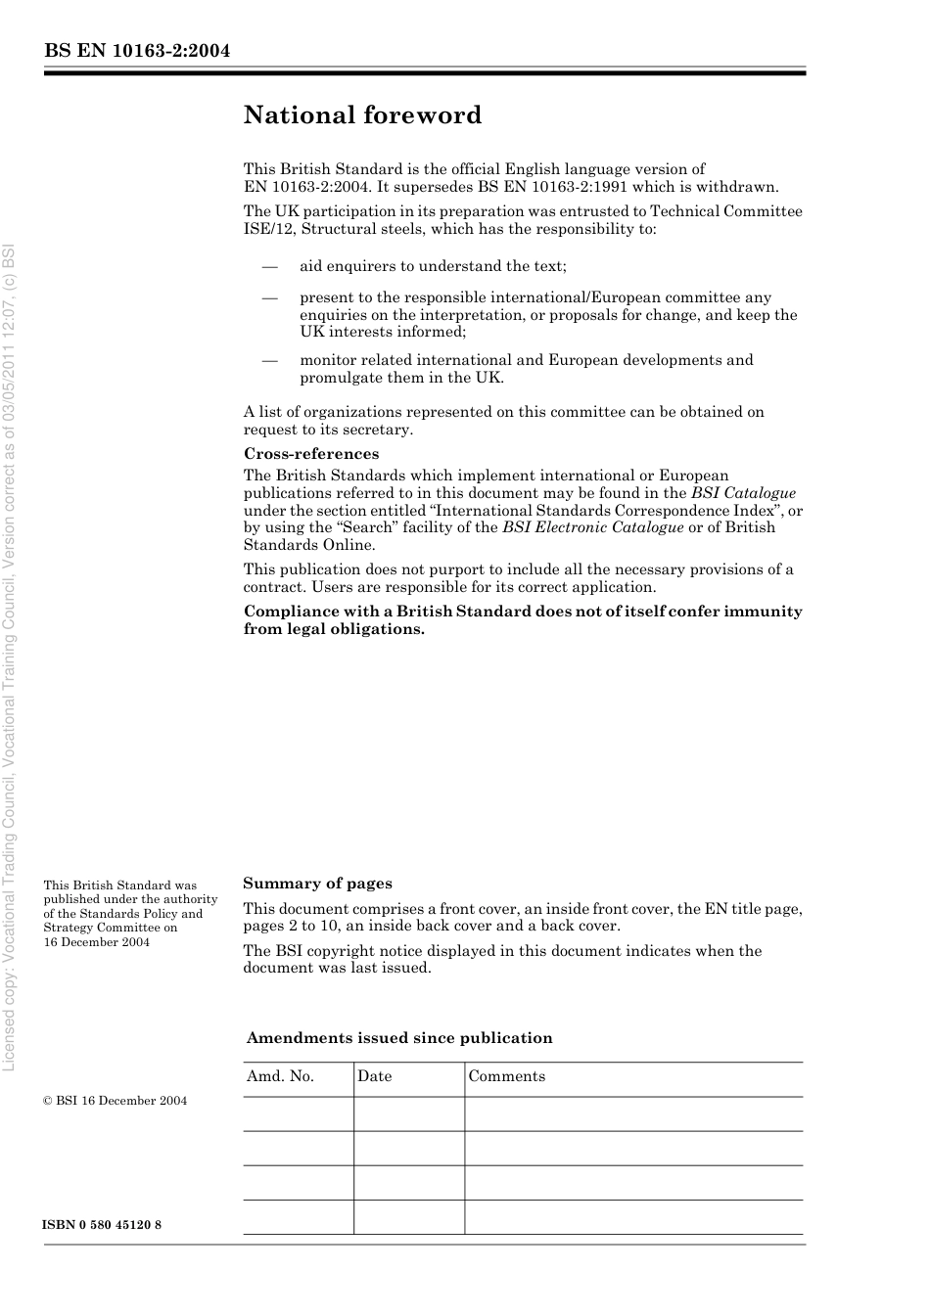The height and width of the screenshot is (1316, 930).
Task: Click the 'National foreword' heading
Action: tap(362, 115)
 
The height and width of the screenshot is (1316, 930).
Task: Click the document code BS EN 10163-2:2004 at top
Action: tap(137, 51)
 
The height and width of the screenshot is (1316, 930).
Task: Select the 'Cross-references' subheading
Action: tap(311, 454)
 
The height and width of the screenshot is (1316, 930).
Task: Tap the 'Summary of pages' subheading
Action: tap(317, 884)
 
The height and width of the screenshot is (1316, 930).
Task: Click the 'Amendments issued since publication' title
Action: tap(399, 1038)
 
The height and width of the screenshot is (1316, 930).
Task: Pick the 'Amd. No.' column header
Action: tap(280, 1076)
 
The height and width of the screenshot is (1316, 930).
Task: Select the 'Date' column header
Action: tap(374, 1076)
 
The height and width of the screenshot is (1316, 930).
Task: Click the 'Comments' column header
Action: tap(506, 1076)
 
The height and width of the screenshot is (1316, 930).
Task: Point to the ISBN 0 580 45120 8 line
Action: tap(103, 1225)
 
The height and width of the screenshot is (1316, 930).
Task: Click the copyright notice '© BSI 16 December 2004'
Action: tap(115, 1101)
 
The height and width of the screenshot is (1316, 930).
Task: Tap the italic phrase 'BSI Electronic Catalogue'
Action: tap(592, 527)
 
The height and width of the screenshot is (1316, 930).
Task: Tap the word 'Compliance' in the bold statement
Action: tap(288, 612)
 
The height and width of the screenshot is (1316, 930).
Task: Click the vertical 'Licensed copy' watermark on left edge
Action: tap(10, 656)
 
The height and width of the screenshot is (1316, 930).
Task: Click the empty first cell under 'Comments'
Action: tap(632, 1113)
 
